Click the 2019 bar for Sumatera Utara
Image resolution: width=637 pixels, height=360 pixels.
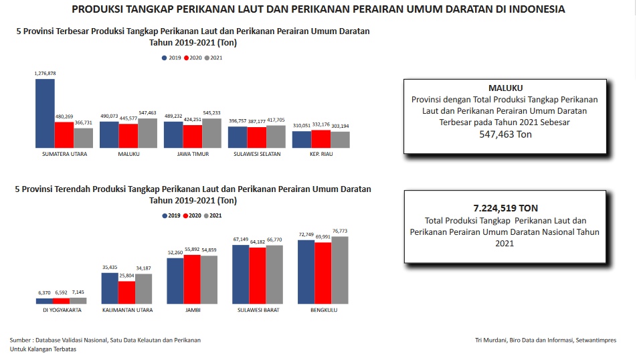coord(45,113)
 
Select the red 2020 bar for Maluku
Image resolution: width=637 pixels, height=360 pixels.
coord(128,136)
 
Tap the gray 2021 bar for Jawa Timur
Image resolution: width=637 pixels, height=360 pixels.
coord(211,133)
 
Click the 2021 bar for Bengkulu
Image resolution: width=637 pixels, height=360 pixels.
coord(340,270)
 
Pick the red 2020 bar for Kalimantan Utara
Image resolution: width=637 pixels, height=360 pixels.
coord(127,292)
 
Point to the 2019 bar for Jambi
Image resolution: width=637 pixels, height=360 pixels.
coord(175,280)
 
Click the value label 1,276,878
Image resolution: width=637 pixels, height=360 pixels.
coord(45,73)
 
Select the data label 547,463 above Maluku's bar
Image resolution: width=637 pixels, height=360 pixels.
coord(147,113)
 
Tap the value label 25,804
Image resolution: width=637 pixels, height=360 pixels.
coord(126,276)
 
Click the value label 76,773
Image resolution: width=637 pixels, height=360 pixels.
coord(340,231)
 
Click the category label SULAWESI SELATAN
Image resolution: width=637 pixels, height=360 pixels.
coord(257,154)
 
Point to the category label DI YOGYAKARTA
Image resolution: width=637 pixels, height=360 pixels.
coord(62,310)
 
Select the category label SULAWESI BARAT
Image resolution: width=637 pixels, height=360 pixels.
coord(257,310)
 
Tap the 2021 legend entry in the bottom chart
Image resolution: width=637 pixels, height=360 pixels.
coord(213,215)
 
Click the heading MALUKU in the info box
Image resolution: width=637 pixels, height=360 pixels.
coord(505,88)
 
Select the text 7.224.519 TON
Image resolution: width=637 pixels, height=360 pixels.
coord(505,208)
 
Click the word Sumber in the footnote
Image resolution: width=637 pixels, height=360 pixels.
coord(21,340)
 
